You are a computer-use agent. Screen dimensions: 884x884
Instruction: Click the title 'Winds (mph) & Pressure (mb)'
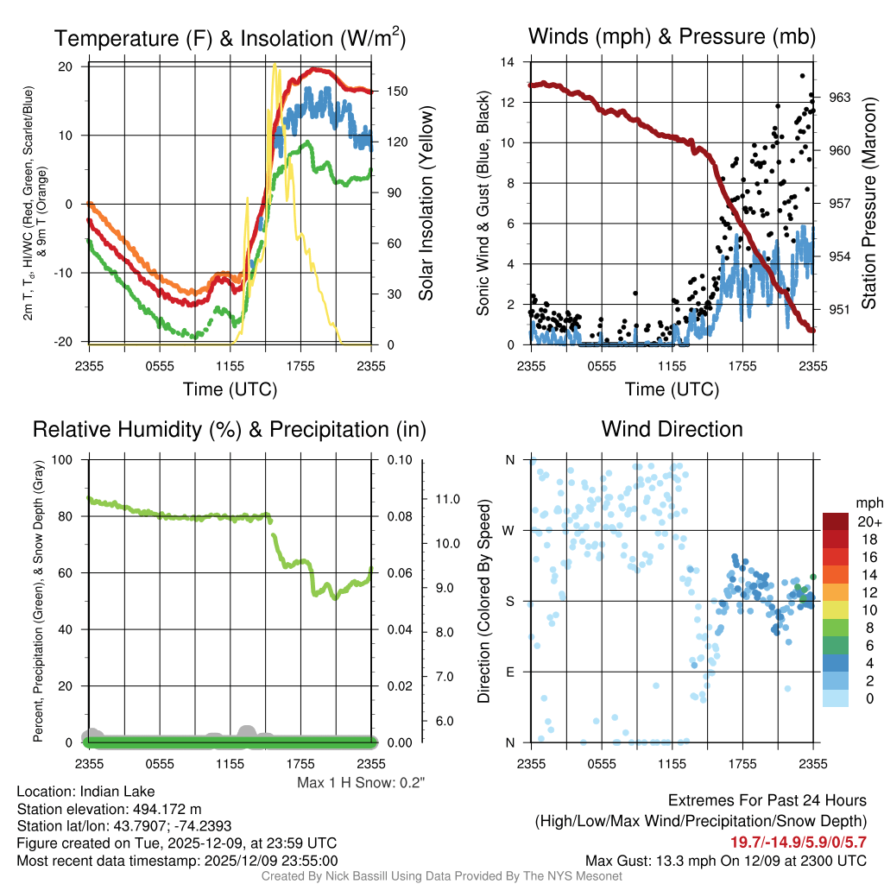tap(672, 37)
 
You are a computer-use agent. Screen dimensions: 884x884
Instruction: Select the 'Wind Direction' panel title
tap(672, 429)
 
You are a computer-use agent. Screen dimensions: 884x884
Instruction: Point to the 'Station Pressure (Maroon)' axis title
tap(868, 204)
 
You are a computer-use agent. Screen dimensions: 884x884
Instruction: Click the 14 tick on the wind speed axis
tap(508, 62)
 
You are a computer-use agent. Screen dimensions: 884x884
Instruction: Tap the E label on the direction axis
tap(509, 672)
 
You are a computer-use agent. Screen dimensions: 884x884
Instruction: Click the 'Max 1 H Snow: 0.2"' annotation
tap(361, 782)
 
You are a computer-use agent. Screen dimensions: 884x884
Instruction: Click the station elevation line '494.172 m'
tap(109, 809)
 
